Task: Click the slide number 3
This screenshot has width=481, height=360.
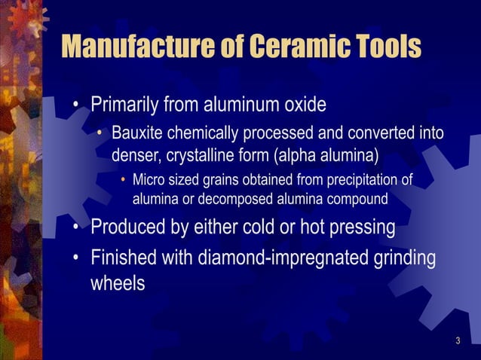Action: click(x=458, y=343)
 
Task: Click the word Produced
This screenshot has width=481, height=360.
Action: click(x=127, y=227)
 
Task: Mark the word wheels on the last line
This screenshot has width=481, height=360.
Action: click(x=118, y=285)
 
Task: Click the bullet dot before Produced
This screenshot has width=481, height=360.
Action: click(x=77, y=227)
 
